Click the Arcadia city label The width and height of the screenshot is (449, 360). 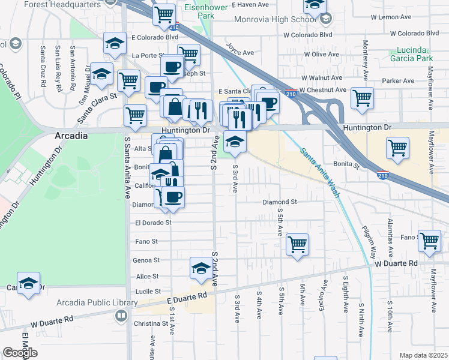[71, 136]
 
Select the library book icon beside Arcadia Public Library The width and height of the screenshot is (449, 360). [121, 315]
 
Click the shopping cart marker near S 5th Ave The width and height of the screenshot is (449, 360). [297, 244]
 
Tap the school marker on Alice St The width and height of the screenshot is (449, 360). [201, 268]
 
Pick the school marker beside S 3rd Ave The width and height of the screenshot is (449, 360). [235, 142]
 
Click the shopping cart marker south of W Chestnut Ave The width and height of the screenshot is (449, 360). [362, 98]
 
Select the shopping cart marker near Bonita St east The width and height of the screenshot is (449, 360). [398, 148]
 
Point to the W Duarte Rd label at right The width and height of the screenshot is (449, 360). [396, 263]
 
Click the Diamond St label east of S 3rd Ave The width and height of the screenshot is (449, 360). [280, 202]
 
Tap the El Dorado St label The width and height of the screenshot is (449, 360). [154, 223]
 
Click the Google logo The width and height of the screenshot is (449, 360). [20, 353]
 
